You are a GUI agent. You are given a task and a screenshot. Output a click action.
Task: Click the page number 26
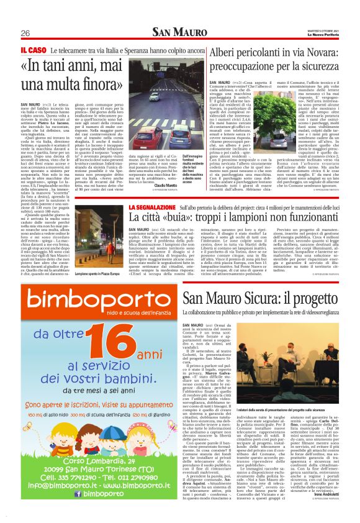pyautogui.click(x=25, y=33)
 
